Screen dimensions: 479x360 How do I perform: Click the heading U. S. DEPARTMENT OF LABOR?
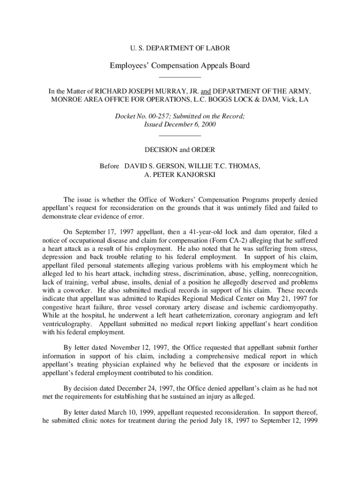pos(180,48)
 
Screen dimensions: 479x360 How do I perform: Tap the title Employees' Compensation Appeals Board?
pos(180,65)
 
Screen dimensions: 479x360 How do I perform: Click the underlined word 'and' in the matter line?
pos(206,91)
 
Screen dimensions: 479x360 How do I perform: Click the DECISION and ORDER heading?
pos(180,150)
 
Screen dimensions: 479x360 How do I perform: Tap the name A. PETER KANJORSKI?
pos(180,174)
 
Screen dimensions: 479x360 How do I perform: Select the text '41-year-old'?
pos(191,232)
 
